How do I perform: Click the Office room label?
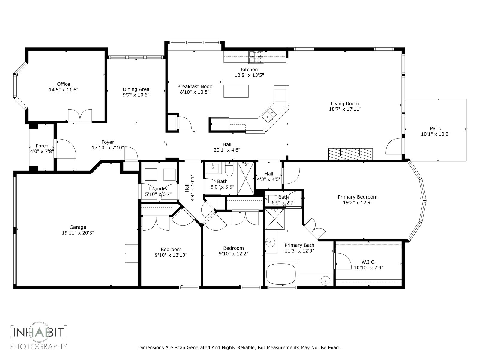64,84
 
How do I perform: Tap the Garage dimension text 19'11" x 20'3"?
78,233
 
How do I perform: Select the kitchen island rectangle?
236,91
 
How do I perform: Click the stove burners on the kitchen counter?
256,57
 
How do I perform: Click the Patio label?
436,128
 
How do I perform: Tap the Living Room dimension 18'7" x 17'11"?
345,109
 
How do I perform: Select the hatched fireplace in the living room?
350,154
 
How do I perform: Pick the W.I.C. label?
368,262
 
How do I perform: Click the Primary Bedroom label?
358,197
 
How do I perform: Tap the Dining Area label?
136,89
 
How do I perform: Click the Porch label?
42,146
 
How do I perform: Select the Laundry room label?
158,189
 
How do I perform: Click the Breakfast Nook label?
195,87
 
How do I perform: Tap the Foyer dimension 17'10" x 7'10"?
108,148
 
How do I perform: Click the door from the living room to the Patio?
394,146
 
